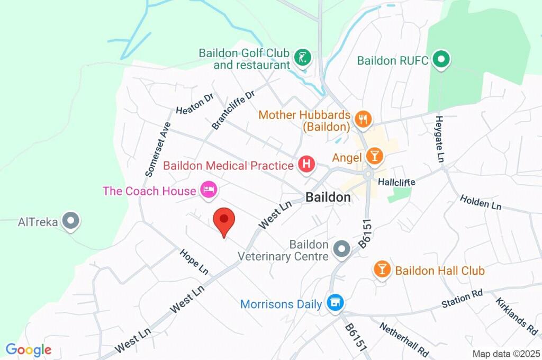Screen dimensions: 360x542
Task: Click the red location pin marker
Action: (x=224, y=221)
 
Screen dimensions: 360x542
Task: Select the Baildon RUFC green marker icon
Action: (x=441, y=60)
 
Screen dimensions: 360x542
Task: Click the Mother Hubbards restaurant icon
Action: (x=363, y=120)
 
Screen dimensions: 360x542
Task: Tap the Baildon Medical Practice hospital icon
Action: (x=306, y=165)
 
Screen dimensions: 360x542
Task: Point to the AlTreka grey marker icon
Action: (x=70, y=221)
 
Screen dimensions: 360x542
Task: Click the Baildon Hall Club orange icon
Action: (x=382, y=269)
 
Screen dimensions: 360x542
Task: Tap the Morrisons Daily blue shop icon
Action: (x=335, y=303)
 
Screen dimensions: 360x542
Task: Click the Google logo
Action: (x=29, y=350)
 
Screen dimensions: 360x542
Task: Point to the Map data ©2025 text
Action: (x=507, y=354)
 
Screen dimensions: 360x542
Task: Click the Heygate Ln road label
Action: (x=439, y=139)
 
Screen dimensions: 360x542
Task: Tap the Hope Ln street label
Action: (x=194, y=262)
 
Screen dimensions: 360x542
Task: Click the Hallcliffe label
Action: (x=396, y=182)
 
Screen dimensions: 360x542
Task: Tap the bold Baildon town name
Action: (x=328, y=197)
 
